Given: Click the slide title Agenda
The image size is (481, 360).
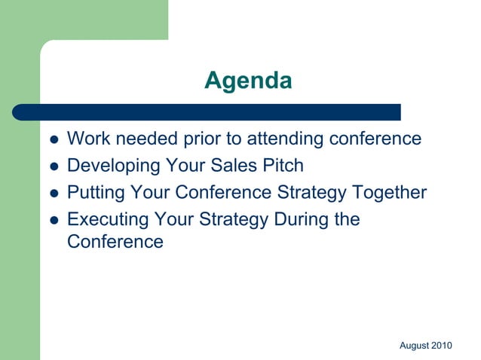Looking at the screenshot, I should click(x=247, y=80).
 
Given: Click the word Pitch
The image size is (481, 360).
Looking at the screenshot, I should click(x=283, y=166).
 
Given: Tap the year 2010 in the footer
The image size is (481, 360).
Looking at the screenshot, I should click(x=442, y=346).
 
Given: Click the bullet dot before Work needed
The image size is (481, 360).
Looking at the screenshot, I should click(x=54, y=140).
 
